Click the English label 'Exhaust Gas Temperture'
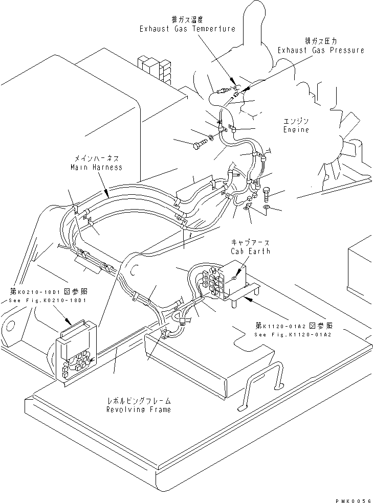[x=187, y=29]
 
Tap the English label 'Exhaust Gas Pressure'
[x=321, y=50]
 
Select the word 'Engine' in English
[x=296, y=130]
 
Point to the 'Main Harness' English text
[x=97, y=167]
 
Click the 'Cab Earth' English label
[x=250, y=251]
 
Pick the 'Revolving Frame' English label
[x=138, y=409]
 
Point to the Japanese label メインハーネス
[x=97, y=159]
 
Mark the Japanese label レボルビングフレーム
[x=138, y=401]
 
